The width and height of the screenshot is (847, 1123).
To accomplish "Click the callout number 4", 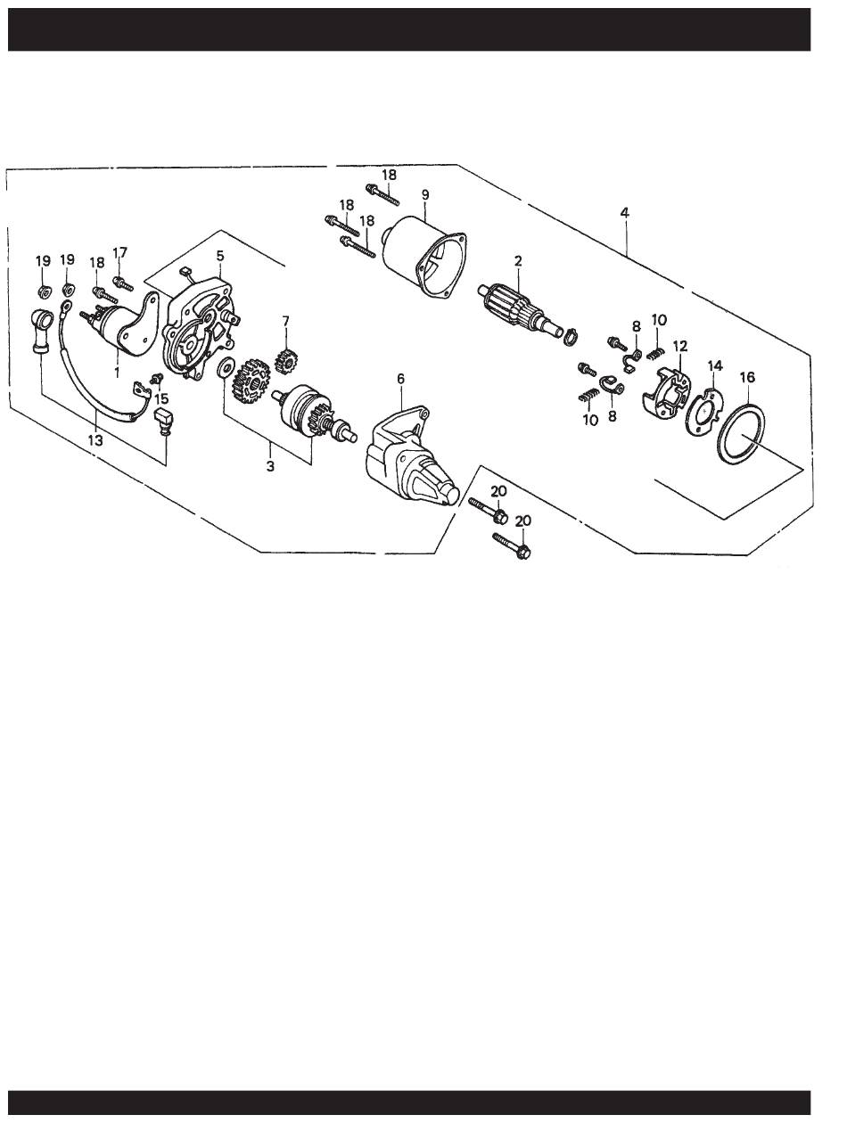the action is [624, 212].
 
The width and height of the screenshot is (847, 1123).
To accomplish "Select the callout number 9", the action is [425, 195].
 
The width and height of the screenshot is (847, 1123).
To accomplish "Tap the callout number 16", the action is [747, 378].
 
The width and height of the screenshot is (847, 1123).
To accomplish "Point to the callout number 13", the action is [95, 440].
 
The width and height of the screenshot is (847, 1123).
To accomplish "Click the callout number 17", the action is [119, 253].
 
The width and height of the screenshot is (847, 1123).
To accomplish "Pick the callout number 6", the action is [400, 379].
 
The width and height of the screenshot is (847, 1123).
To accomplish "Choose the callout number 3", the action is [270, 466].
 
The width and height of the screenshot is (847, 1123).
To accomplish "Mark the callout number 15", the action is [160, 398].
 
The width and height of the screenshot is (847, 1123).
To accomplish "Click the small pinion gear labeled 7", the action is [286, 360].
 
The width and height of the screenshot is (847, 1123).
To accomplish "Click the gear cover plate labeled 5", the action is [201, 328].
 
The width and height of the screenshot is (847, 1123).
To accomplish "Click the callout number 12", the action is [680, 347].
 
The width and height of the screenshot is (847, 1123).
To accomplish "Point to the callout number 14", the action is [715, 365].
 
